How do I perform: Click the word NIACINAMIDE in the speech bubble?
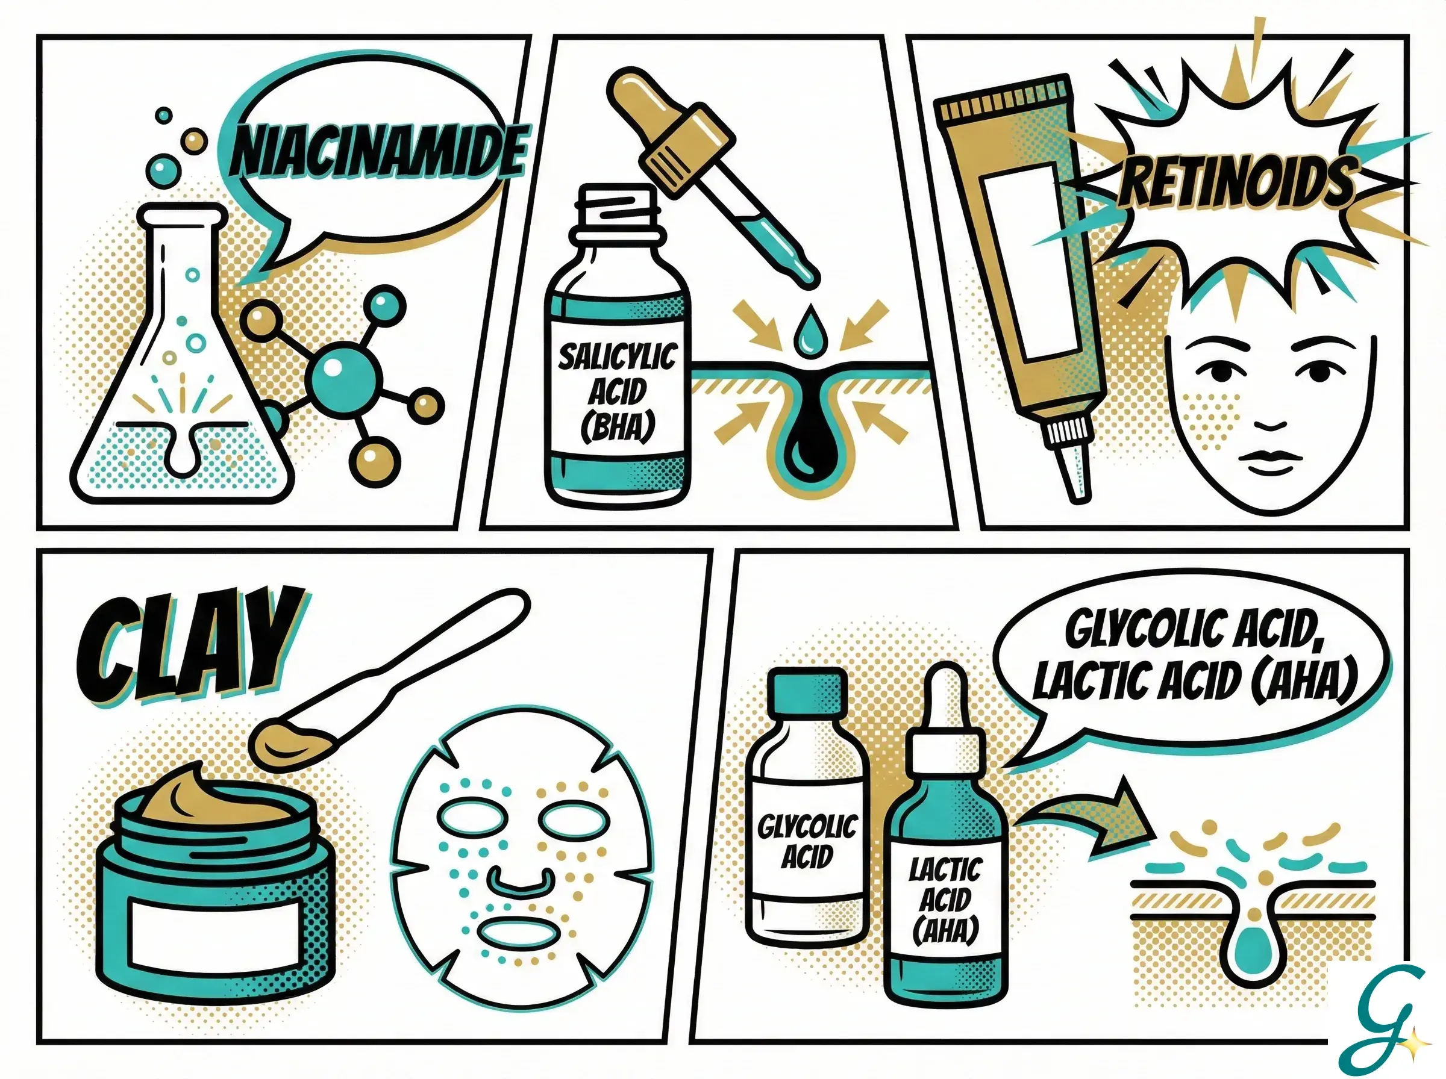(x=379, y=152)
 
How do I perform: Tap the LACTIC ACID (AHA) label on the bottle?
(x=945, y=901)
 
